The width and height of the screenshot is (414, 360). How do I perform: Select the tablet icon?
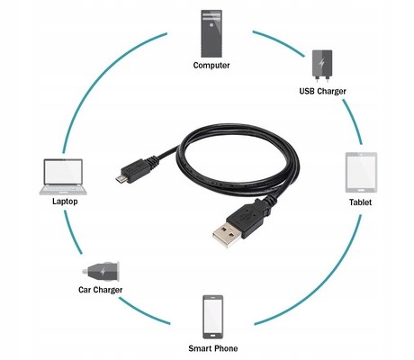361,172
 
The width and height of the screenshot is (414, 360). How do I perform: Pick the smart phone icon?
212,315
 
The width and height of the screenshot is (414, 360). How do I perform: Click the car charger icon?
100,268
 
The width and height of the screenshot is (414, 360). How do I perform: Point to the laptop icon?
64,175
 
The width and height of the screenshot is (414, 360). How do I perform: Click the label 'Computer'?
211,66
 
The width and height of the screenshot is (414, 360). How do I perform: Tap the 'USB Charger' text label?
323,91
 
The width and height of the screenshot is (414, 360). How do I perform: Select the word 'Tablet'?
361,202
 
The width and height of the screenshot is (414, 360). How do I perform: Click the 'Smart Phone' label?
212,347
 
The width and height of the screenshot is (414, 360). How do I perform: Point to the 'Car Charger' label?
100,290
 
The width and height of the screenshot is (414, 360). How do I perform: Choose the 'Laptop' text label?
64,202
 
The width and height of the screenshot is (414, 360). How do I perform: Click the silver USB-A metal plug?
227,237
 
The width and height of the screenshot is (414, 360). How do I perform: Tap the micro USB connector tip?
120,179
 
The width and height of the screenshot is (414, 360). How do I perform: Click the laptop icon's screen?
64,173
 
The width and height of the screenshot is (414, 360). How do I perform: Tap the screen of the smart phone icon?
212,315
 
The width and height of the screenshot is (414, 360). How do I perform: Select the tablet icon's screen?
361,172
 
